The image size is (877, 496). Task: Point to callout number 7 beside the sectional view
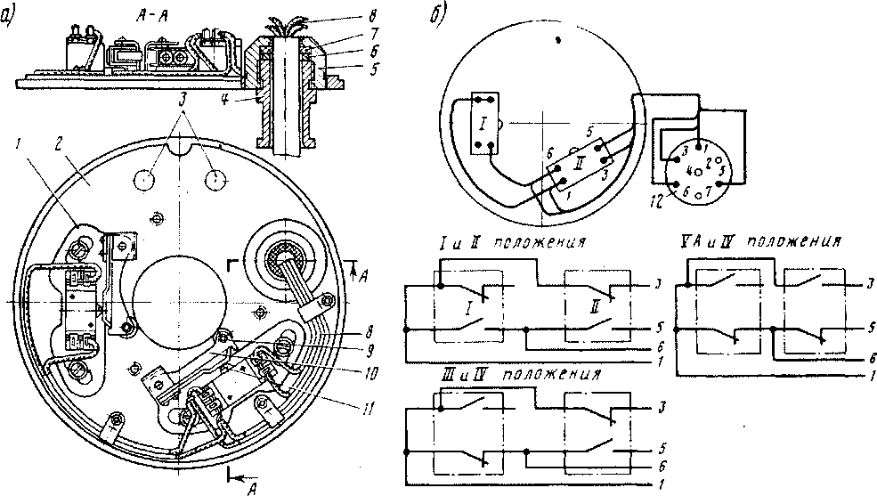tap(334, 30)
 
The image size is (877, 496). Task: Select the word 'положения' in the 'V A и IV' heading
tap(796, 241)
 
